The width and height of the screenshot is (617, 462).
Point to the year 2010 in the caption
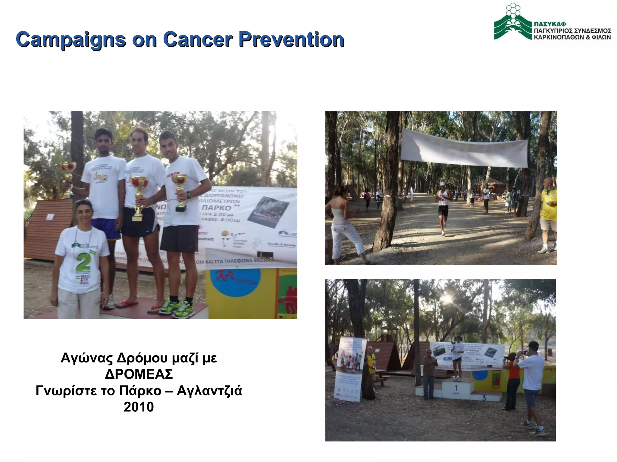(139, 407)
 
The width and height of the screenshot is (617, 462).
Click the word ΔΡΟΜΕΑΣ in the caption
(139, 374)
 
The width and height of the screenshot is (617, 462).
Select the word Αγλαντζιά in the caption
(209, 391)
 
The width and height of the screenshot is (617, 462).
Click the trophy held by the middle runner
(139, 196)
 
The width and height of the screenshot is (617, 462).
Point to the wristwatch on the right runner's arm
(189, 195)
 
